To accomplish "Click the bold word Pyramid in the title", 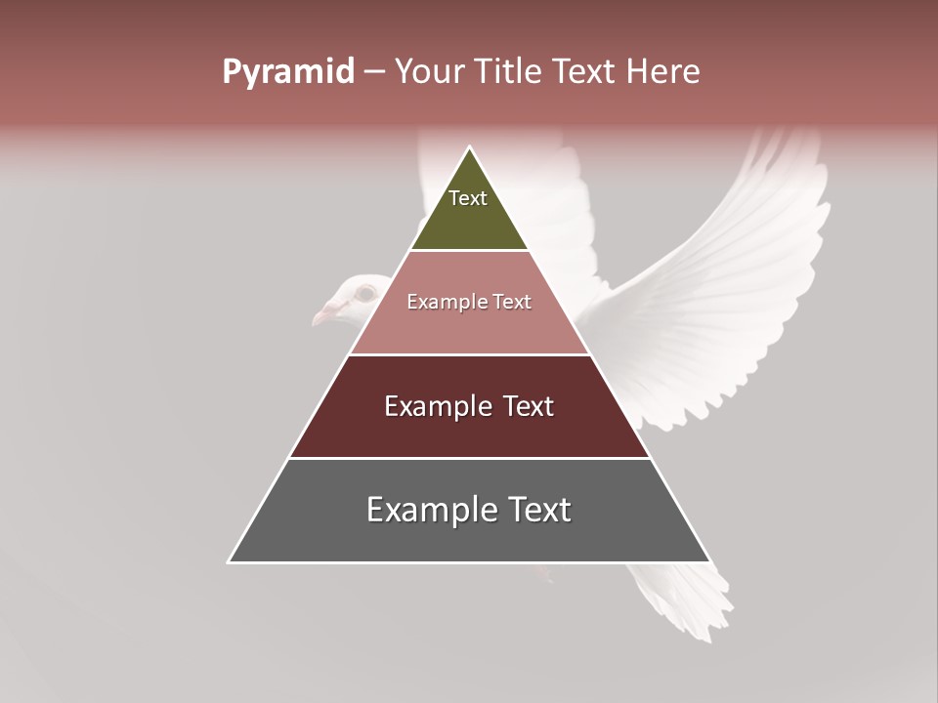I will click(287, 72).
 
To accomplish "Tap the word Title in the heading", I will click(509, 72).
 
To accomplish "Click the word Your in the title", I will click(429, 72).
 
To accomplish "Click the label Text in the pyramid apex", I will click(468, 198).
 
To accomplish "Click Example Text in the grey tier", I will click(469, 510).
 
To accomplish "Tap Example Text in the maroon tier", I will click(469, 406).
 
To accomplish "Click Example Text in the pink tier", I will click(469, 302).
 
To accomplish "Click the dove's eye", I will click(365, 292).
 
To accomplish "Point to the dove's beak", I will click(323, 314).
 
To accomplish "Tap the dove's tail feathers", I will click(684, 600).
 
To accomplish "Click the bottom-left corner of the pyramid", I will click(230, 561).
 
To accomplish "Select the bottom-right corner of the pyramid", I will click(708, 561).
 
